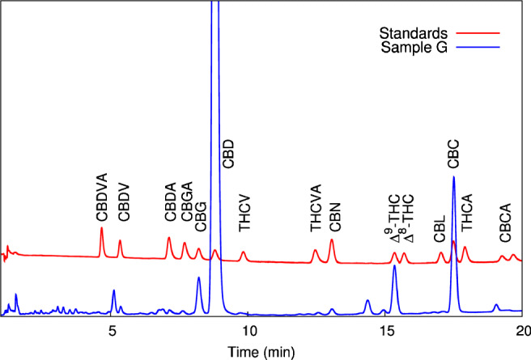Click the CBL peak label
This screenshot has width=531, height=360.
tap(440, 227)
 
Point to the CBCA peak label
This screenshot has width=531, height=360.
tap(504, 222)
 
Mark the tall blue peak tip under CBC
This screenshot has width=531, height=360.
tap(454, 177)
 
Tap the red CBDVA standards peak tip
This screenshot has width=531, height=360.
tap(102, 228)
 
